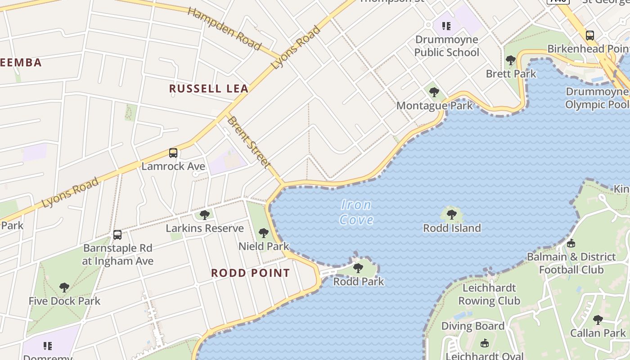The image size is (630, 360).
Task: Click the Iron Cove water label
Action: [356, 212]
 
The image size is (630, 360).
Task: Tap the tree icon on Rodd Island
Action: [452, 215]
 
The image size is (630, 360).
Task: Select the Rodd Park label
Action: [359, 282]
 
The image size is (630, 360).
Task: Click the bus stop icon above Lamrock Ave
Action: [173, 153]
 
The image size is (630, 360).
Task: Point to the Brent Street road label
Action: [248, 142]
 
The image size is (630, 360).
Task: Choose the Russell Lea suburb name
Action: [209, 89]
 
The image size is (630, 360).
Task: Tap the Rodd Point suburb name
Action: [251, 273]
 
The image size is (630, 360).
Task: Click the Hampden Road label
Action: [224, 28]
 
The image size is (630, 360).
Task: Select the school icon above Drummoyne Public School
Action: [446, 26]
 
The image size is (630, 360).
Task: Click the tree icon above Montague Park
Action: [434, 92]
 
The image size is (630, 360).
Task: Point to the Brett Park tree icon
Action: [511, 60]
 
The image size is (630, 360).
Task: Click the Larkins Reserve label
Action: [205, 228]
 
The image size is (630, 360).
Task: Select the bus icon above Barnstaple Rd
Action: [117, 234]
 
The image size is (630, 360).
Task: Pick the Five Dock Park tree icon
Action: [64, 287]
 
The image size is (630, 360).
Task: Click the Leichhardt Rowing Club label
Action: [489, 294]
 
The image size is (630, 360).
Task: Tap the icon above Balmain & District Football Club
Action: [571, 243]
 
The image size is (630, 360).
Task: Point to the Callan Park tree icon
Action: [598, 320]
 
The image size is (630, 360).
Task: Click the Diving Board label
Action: [473, 326]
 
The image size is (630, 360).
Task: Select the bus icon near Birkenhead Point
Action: [590, 35]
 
